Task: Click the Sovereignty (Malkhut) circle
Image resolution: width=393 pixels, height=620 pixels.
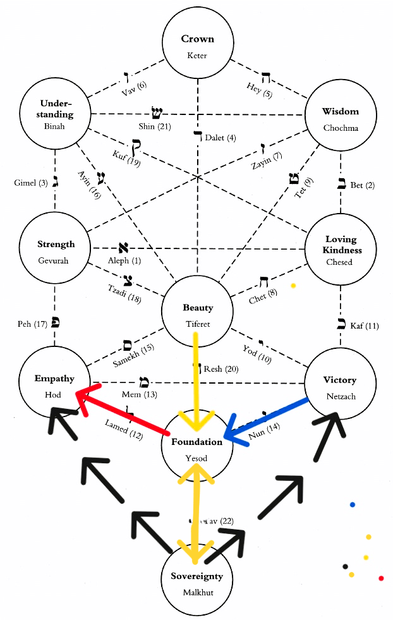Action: (x=196, y=583)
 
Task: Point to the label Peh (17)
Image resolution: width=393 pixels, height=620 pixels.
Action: (x=29, y=325)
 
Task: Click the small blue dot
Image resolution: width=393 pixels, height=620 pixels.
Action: (x=353, y=504)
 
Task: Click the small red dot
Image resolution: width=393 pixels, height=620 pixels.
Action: (x=381, y=578)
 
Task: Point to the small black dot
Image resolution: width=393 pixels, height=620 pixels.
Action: (x=344, y=566)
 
